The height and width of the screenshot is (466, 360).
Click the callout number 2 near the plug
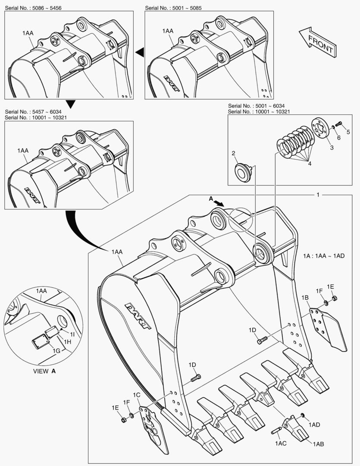233,153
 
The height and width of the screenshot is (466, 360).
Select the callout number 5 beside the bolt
348,132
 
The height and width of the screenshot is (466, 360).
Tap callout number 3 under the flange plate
332,148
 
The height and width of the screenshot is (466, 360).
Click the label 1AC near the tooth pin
280,443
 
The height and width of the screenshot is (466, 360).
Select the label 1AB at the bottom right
319,444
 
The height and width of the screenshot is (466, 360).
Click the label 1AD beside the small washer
314,425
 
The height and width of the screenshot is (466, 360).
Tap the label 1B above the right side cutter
305,298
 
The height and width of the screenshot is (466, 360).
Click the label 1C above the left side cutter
137,395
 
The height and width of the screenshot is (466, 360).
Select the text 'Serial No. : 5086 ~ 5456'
33,8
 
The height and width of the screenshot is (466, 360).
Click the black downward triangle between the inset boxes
71,104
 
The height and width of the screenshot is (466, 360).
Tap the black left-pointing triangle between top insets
139,53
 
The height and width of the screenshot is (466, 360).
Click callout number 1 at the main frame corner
318,195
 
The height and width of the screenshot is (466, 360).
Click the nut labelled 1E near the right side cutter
335,298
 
